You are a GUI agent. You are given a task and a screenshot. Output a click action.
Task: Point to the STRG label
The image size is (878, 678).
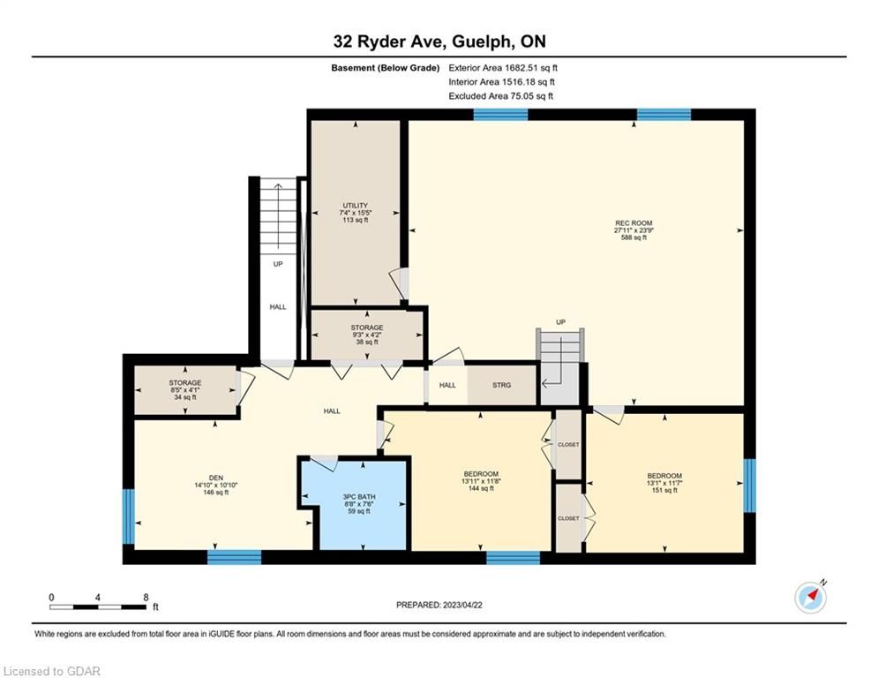[502, 385]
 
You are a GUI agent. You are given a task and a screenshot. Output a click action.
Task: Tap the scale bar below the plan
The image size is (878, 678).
[98, 606]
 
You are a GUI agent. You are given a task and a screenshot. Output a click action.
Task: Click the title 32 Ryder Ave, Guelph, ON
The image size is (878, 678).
[439, 41]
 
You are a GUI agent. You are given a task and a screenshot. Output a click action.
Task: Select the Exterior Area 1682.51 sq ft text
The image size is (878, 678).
[503, 68]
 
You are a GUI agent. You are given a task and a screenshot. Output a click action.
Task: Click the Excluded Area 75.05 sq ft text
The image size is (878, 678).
[500, 96]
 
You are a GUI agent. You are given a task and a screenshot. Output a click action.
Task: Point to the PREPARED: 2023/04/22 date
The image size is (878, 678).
[439, 605]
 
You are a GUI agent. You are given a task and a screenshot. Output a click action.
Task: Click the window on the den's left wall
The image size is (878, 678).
[128, 516]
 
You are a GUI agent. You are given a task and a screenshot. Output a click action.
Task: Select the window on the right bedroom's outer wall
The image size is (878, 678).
[749, 486]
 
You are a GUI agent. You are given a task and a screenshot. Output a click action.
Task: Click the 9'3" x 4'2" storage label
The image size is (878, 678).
[367, 335]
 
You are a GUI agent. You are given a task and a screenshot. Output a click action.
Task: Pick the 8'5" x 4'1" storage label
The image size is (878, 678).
[185, 390]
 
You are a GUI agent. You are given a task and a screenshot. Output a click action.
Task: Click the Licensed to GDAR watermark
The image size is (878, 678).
[51, 671]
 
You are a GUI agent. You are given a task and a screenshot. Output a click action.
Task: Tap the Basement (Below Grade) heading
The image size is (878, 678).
[386, 68]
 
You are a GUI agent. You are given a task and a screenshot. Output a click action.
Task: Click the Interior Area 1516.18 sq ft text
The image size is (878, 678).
[502, 82]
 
